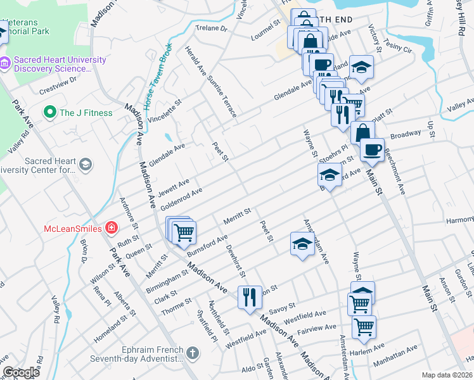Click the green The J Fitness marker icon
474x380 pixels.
click(x=50, y=113)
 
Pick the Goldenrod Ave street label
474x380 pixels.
click(x=181, y=199)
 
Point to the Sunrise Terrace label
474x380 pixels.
click(x=220, y=94)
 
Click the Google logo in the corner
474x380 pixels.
click(x=21, y=372)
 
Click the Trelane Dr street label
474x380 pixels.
click(x=212, y=28)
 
